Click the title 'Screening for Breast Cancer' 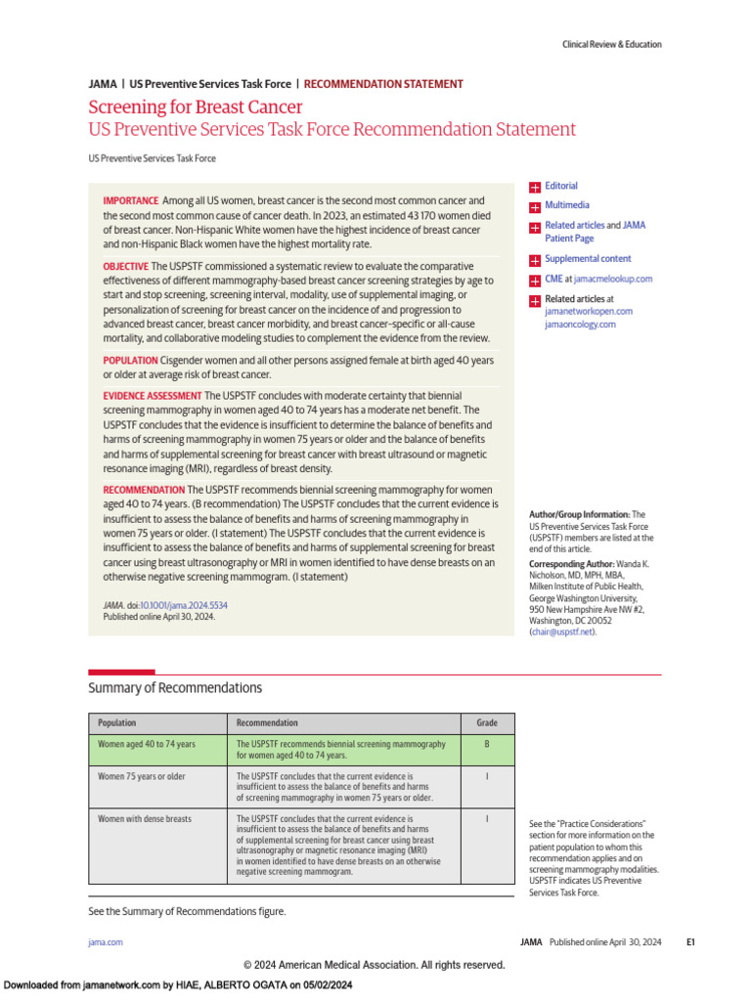pyautogui.click(x=195, y=108)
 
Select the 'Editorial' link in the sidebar pyautogui.click(x=560, y=186)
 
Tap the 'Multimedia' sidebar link pyautogui.click(x=566, y=205)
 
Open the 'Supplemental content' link pyautogui.click(x=588, y=259)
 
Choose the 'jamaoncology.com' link pyautogui.click(x=580, y=325)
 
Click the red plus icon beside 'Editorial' pyautogui.click(x=535, y=187)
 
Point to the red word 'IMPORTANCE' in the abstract pyautogui.click(x=130, y=200)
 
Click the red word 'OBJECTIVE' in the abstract pyautogui.click(x=126, y=267)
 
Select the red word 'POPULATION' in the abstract pyautogui.click(x=129, y=361)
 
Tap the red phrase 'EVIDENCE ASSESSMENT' pyautogui.click(x=152, y=396)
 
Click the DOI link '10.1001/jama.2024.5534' pyautogui.click(x=183, y=606)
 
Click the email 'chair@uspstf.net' pyautogui.click(x=561, y=632)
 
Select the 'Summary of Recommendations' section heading pyautogui.click(x=175, y=688)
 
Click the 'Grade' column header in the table pyautogui.click(x=486, y=723)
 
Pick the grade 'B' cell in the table pyautogui.click(x=486, y=744)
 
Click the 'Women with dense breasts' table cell pyautogui.click(x=145, y=818)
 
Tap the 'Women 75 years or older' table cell pyautogui.click(x=142, y=776)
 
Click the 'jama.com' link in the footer pyautogui.click(x=106, y=942)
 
